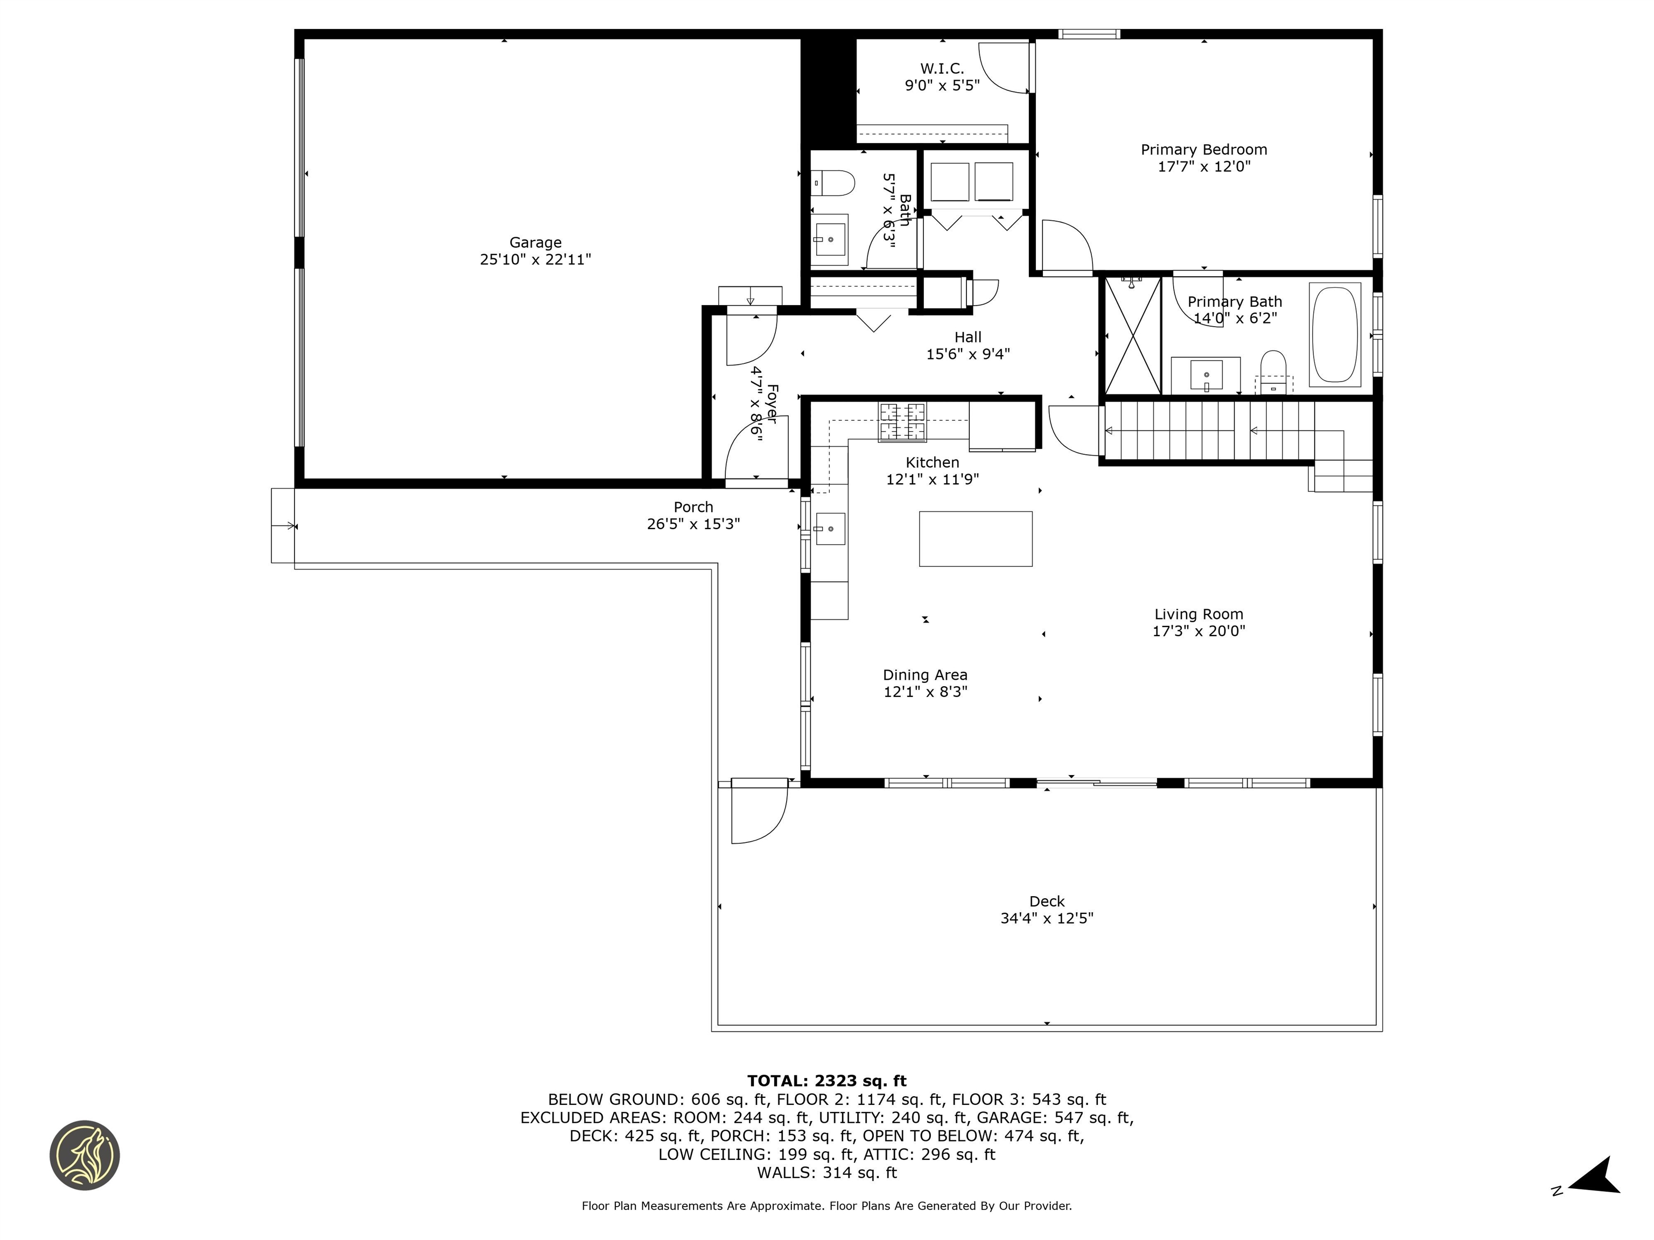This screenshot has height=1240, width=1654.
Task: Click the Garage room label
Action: point(535,243)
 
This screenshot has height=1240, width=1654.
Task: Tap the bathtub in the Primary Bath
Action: point(1335,334)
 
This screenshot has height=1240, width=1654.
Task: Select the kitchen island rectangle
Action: point(975,539)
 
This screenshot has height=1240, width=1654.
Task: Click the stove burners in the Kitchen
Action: point(902,421)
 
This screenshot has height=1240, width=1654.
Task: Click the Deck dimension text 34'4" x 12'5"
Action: point(1046,919)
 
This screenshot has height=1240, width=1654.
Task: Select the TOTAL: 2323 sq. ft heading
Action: point(826,1081)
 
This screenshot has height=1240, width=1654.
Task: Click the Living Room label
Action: point(1198,615)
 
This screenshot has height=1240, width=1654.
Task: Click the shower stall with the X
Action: point(1132,336)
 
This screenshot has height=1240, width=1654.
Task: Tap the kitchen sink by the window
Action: point(829,529)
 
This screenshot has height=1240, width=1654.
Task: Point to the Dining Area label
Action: point(925,675)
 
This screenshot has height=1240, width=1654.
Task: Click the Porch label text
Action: point(693,507)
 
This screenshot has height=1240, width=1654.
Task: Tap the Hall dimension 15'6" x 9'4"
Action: point(968,354)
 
